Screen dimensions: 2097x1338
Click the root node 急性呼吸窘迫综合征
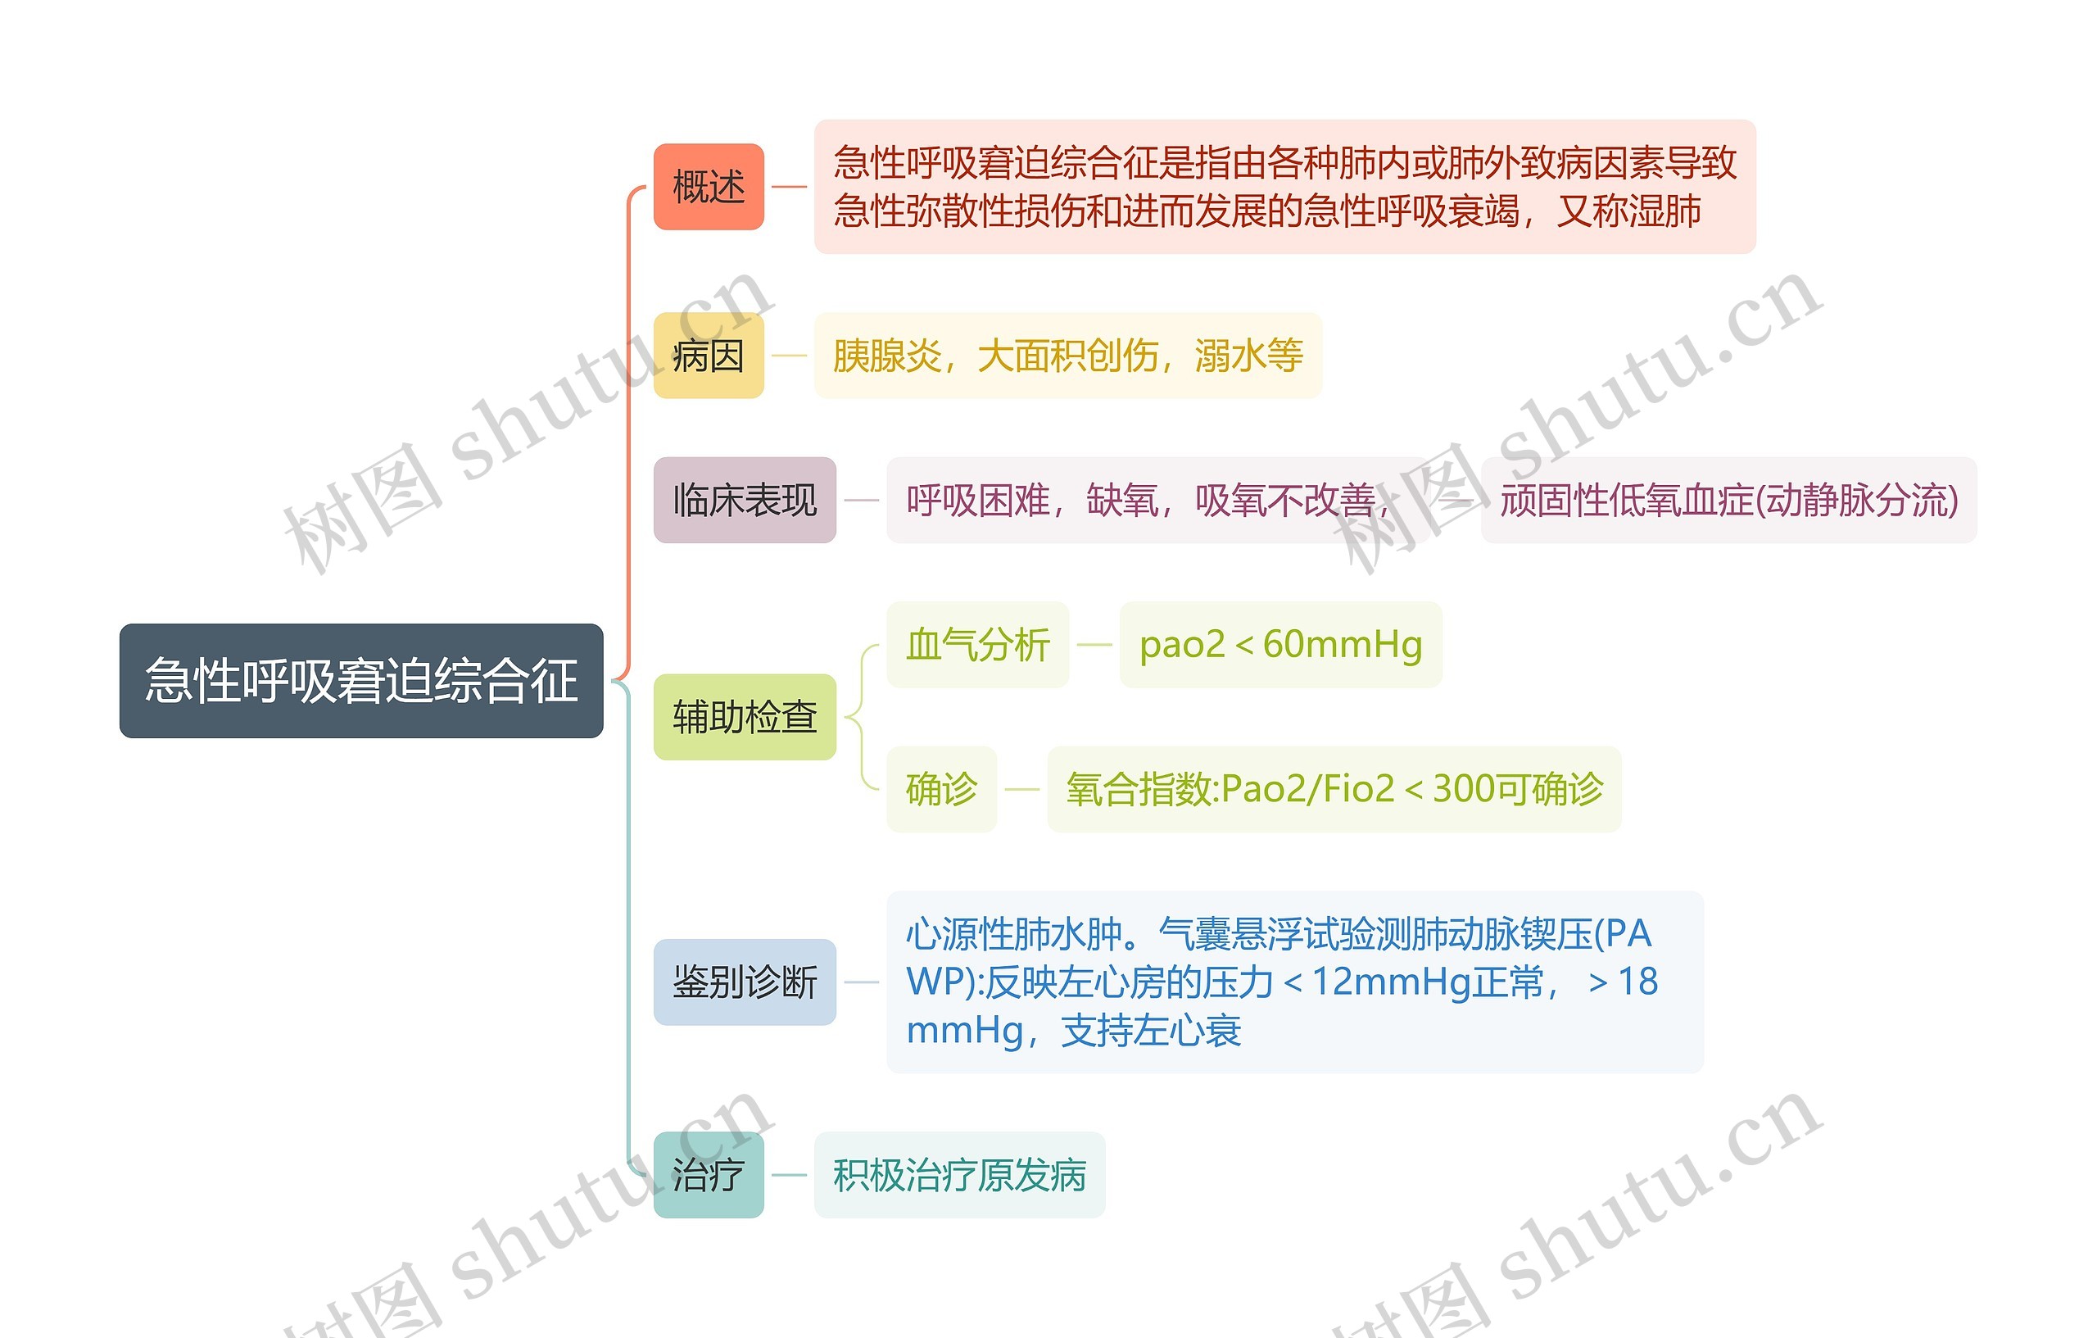(x=360, y=680)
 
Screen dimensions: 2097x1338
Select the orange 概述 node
(x=708, y=187)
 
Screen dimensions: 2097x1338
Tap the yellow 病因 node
(x=708, y=356)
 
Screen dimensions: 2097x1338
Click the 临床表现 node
(x=745, y=500)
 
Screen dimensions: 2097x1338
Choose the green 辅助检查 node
(x=745, y=717)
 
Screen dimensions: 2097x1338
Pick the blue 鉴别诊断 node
(x=745, y=982)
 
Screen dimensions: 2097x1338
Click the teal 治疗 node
(x=708, y=1174)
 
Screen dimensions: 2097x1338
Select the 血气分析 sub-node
(x=977, y=645)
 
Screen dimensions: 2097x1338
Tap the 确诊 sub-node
(x=940, y=789)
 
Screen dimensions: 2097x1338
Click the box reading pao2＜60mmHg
(x=1280, y=645)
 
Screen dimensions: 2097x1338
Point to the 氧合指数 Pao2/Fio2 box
(x=1334, y=789)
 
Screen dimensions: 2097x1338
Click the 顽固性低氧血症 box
(x=1728, y=500)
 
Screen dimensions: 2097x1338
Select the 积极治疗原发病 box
(x=958, y=1174)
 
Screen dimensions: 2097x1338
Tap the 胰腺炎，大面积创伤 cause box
(x=1067, y=356)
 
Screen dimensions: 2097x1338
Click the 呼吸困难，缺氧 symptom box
(x=1141, y=500)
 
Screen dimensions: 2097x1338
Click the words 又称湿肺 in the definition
(x=1628, y=211)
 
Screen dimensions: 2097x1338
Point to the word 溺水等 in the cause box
(x=1249, y=356)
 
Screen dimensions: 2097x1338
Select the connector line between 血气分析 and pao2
(x=1094, y=645)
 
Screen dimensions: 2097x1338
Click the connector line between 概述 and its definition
(x=789, y=187)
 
